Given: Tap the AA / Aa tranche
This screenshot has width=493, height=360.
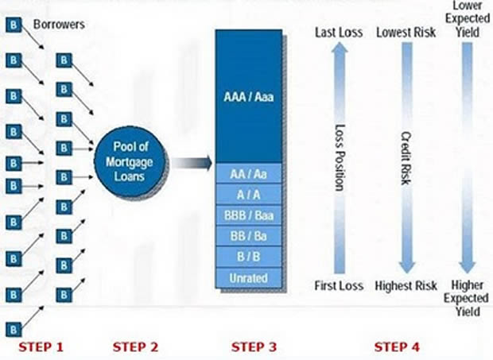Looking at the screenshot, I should pos(249,173).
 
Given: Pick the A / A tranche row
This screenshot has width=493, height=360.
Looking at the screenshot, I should pos(249,195).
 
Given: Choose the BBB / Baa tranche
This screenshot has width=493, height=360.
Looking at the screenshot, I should pos(249,215).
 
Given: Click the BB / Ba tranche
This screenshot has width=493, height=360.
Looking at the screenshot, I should pos(249,236).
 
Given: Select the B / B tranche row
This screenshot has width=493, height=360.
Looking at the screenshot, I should pos(249,257).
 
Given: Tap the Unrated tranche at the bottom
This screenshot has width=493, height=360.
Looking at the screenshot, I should pos(249,277).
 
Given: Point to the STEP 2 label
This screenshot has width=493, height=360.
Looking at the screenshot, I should pos(136,346).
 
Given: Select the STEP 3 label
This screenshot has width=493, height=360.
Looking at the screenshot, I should pos(254,346).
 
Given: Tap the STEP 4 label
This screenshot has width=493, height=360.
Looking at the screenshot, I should pos(398,346).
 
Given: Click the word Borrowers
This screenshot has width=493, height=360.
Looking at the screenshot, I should pos(59,25).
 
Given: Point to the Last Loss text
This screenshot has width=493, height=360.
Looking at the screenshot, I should pos(338,33).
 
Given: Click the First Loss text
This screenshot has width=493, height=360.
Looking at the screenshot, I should pos(338,286).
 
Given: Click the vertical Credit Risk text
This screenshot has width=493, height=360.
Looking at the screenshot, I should pos(405,159).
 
